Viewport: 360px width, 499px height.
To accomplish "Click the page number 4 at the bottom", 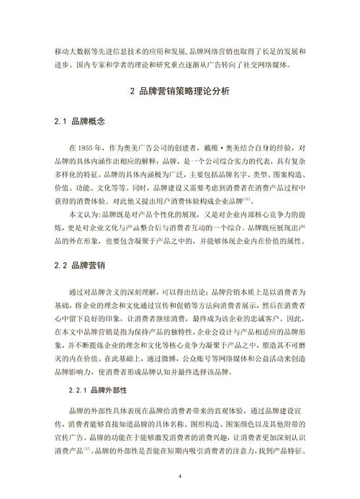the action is (x=180, y=475).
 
